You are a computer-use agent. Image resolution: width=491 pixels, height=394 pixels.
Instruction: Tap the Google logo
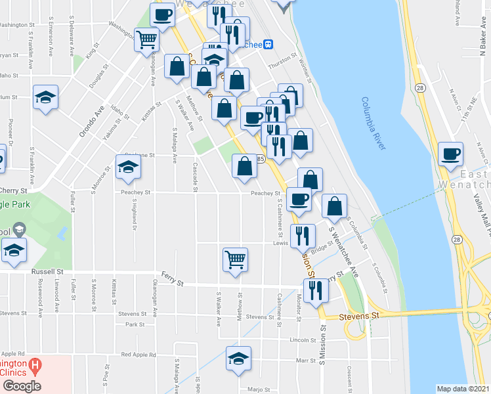pos(21,386)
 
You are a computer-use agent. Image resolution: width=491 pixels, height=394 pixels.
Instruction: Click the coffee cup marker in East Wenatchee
pos(451,155)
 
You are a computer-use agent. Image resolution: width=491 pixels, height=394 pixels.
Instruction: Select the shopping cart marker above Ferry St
pos(235,260)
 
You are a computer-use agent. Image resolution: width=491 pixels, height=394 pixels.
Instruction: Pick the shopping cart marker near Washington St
pos(146,39)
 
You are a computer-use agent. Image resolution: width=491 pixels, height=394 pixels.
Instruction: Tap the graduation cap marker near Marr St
pos(238,358)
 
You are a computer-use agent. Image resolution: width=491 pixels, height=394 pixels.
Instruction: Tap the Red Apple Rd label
pos(139,355)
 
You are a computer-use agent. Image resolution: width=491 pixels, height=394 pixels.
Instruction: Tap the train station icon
pos(267,45)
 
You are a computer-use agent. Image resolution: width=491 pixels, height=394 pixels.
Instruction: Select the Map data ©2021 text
pos(462,389)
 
